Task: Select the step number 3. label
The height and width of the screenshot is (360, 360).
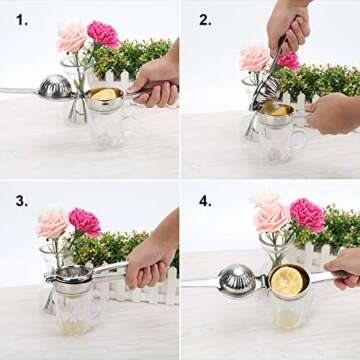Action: point(21,201)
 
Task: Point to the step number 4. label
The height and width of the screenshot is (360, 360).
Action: point(205,201)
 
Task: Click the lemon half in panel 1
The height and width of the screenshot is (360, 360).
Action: point(104,94)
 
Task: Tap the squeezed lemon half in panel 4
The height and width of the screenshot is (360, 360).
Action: point(287,281)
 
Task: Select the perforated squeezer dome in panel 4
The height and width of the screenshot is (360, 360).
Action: point(238,281)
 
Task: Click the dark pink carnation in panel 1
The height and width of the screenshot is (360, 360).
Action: point(103,34)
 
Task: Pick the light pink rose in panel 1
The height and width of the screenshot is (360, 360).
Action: point(72,38)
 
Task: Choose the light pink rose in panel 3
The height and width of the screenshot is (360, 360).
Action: point(53,223)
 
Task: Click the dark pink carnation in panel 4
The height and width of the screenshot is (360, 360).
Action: point(307,213)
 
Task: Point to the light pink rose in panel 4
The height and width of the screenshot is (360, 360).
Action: point(271,216)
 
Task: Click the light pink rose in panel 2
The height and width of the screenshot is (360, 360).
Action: point(254,57)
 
